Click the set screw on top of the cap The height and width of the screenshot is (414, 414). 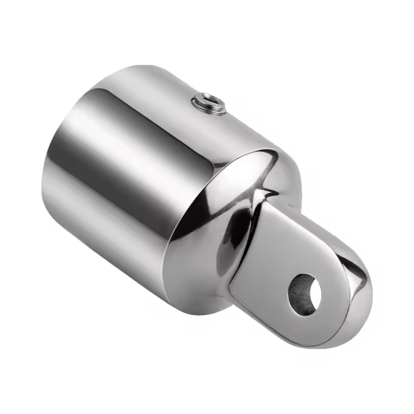(x=209, y=104)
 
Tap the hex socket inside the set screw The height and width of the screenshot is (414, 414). (x=209, y=102)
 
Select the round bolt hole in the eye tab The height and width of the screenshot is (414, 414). (x=306, y=291)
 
